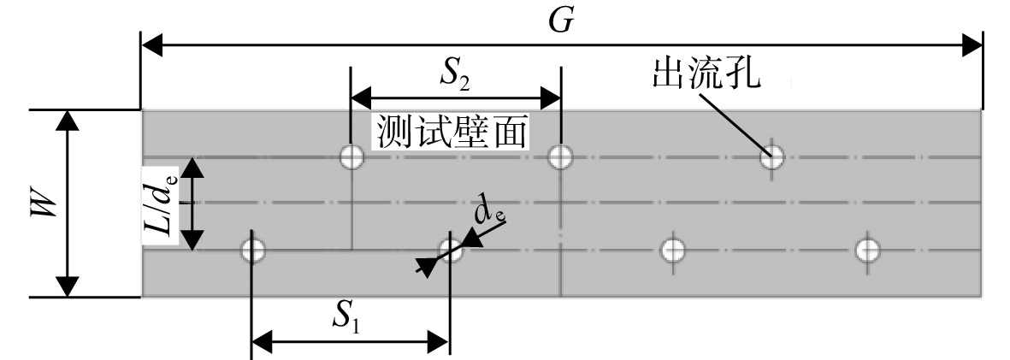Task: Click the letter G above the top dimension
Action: [x=561, y=21]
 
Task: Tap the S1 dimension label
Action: [x=346, y=316]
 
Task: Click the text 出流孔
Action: [x=706, y=74]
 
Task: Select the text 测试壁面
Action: [x=452, y=133]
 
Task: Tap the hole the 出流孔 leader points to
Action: [x=771, y=156]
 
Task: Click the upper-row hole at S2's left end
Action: [x=351, y=156]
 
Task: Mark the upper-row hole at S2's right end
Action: [x=560, y=156]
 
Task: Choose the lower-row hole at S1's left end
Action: [x=252, y=249]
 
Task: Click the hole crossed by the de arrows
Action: [x=451, y=249]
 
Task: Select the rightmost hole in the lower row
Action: [x=867, y=249]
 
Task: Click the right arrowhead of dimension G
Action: [x=972, y=46]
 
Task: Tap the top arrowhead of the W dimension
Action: [x=67, y=121]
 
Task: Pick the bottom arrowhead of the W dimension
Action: [x=67, y=286]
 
